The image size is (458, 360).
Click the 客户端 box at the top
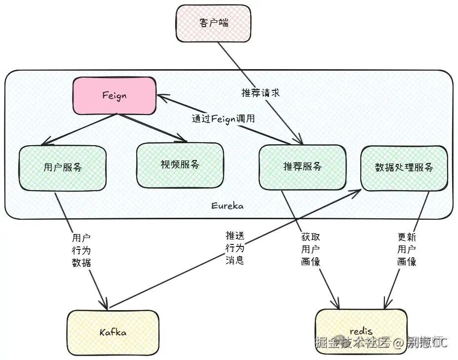[214, 23]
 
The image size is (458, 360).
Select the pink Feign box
[115, 96]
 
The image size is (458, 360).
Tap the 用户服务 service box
[63, 167]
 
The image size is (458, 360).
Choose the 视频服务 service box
[180, 165]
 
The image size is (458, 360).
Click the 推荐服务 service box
[302, 167]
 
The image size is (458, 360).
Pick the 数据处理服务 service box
[404, 167]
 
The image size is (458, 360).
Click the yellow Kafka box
[113, 332]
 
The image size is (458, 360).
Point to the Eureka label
[227, 206]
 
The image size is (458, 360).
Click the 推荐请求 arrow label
[261, 93]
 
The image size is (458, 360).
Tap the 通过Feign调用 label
[223, 119]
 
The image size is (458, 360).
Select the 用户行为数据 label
[81, 250]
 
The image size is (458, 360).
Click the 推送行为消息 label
[234, 247]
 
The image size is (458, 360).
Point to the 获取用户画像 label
[310, 249]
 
